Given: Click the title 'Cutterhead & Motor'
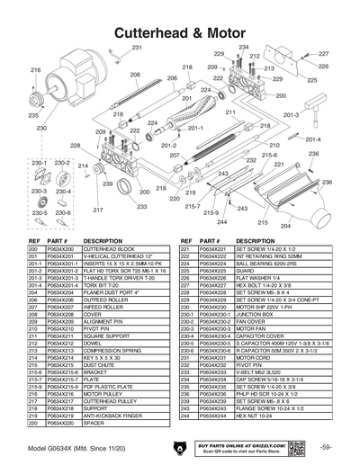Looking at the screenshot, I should click(179, 31).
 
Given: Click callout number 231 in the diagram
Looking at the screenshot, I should click(137, 47).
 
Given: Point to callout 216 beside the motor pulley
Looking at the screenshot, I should click(36, 69).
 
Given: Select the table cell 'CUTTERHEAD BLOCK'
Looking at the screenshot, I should click(107, 248).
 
